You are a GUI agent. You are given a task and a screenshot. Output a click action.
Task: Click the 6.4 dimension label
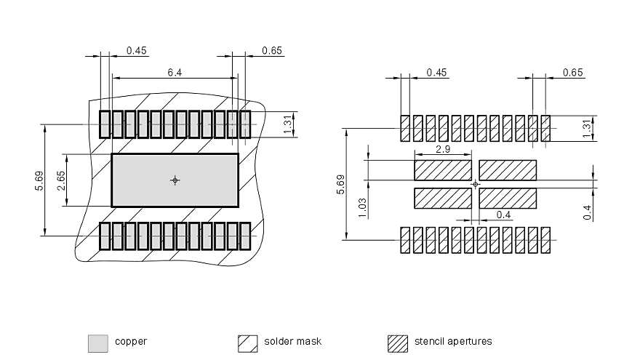[x=175, y=72]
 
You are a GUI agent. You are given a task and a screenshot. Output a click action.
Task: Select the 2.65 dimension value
[x=62, y=180]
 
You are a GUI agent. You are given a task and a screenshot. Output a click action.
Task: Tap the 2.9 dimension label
[x=441, y=148]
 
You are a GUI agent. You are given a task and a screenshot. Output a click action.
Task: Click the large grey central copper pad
[x=145, y=180]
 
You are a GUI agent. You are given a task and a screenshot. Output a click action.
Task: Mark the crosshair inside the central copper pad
[x=175, y=180]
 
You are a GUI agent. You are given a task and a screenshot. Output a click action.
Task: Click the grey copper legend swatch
[x=97, y=343]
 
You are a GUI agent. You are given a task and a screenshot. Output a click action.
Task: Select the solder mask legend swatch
[x=248, y=343]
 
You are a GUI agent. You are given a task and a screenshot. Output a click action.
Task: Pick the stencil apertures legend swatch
[x=398, y=343]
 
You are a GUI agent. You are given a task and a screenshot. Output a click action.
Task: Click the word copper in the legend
[x=131, y=341]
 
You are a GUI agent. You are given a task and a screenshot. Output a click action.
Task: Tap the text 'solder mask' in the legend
[x=292, y=341]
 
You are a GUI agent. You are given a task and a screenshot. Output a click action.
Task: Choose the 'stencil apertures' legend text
[x=452, y=341]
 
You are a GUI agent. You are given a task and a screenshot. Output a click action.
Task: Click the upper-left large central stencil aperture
[x=443, y=170]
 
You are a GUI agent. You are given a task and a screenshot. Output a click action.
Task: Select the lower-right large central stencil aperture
[x=508, y=197]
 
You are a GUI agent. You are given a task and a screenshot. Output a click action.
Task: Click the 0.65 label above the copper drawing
[x=272, y=51]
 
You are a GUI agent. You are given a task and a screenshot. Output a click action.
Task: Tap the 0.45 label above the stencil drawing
[x=438, y=72]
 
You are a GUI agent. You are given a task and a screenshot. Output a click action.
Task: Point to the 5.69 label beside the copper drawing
[x=39, y=180]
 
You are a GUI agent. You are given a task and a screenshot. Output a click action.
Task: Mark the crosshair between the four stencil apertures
[x=476, y=184]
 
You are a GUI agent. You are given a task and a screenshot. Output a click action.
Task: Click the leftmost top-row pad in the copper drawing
[x=104, y=124]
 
